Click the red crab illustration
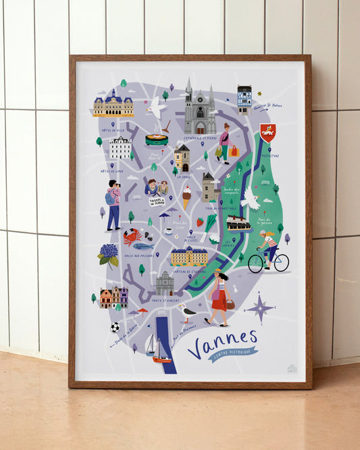(132, 236)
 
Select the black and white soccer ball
(115, 327)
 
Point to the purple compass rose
(260, 309)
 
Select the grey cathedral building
(199, 111)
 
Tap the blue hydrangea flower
(108, 253)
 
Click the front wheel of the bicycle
(281, 264)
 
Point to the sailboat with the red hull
(160, 354)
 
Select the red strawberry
(200, 221)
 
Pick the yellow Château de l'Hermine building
(188, 256)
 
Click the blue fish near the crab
(143, 247)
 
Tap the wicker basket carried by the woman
(230, 305)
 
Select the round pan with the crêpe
(156, 140)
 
